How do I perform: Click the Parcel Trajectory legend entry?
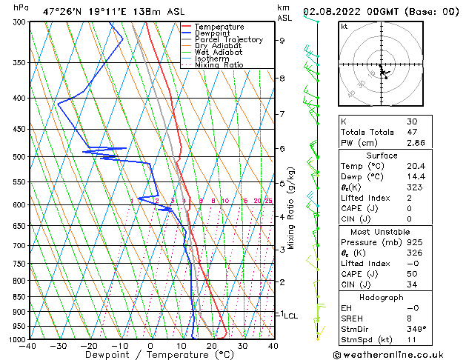point(228,39)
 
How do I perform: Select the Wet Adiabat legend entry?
point(219,52)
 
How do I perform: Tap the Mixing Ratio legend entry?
point(219,65)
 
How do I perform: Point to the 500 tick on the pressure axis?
point(19,157)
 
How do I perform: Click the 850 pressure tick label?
point(19,297)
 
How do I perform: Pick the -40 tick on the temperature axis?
point(28,345)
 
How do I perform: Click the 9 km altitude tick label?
point(282,41)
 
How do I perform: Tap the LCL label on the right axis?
point(290,316)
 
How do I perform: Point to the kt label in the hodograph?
point(344,26)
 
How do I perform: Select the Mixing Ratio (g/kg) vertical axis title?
point(292,208)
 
